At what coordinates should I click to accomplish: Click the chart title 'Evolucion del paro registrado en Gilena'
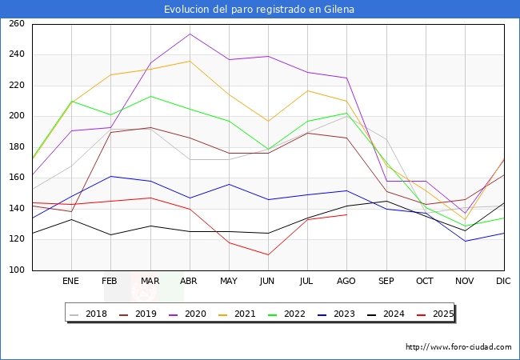click(259, 10)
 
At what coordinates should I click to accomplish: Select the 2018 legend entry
click(89, 314)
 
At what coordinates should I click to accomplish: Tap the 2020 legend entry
click(188, 314)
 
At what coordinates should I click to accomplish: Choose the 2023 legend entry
click(337, 314)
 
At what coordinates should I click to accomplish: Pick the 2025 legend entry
click(435, 314)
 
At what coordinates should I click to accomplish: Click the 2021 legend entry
click(237, 314)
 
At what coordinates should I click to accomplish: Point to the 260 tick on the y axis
click(17, 23)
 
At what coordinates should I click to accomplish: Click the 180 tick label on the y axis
click(17, 147)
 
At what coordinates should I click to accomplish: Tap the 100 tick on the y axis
click(17, 270)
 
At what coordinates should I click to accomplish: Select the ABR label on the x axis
click(188, 281)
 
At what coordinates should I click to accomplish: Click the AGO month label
click(346, 281)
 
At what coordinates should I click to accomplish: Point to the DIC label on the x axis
click(503, 281)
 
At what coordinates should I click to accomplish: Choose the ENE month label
click(70, 281)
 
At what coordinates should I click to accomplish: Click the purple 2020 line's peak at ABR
click(190, 34)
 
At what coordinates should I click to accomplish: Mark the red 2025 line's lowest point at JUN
click(268, 255)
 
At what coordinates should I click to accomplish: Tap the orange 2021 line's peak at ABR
click(190, 61)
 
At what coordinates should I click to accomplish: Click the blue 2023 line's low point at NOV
click(465, 241)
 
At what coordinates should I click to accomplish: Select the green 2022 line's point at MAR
click(150, 97)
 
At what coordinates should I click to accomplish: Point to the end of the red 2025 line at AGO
click(347, 215)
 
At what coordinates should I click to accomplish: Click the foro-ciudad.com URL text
click(458, 347)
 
